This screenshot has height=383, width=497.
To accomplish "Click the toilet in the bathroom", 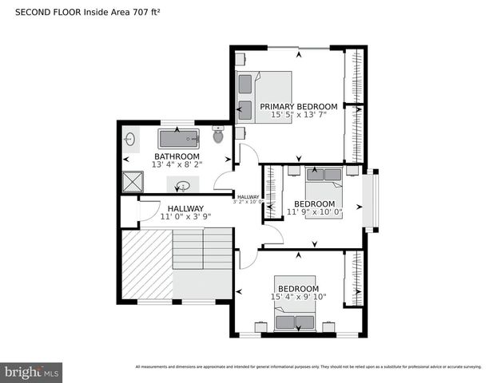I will pyautogui.click(x=218, y=135).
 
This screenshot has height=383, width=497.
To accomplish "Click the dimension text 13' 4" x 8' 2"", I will pyautogui.click(x=177, y=164).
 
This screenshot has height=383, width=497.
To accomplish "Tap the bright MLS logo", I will pyautogui.click(x=32, y=372).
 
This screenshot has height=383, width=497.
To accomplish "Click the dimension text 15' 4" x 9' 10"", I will pyautogui.click(x=298, y=297).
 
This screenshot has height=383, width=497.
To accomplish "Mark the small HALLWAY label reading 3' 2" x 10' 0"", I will pyautogui.click(x=248, y=199).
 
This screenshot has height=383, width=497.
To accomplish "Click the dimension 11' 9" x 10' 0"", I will pyautogui.click(x=314, y=212).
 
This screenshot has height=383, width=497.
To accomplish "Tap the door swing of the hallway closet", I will pyautogui.click(x=149, y=211).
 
